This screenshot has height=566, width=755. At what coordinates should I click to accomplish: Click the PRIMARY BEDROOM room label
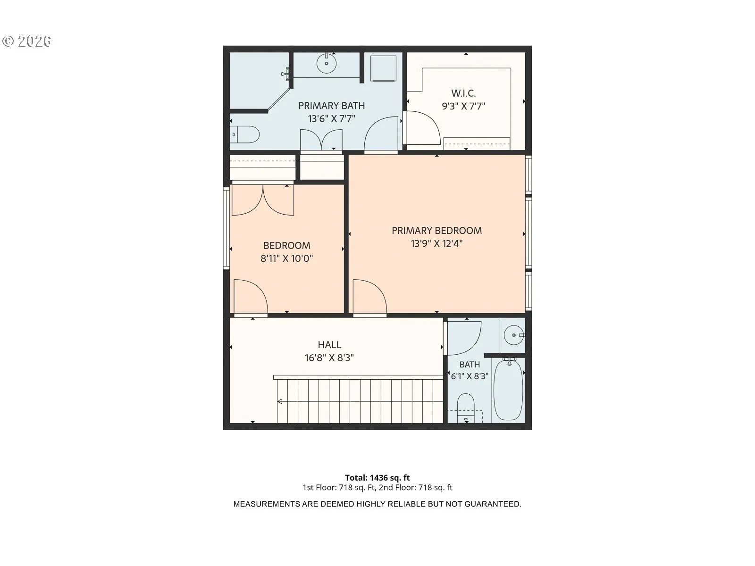point(436,231)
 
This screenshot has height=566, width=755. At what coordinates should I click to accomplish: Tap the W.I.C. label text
point(463,93)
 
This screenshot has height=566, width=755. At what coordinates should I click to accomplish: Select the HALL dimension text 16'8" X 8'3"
point(329,358)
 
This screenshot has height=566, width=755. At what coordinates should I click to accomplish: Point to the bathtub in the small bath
point(508,390)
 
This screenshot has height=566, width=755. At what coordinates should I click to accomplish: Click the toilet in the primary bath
point(244,135)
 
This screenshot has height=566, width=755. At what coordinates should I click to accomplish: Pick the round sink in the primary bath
point(327,64)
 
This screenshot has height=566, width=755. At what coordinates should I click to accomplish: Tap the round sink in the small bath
point(513,335)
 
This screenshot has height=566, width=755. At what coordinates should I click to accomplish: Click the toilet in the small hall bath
point(466,408)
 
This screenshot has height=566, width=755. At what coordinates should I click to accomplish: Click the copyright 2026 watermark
point(26,41)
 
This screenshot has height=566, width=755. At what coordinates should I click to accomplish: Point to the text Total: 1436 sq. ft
point(377,478)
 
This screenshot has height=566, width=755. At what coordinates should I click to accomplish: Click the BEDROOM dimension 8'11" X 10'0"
point(286,258)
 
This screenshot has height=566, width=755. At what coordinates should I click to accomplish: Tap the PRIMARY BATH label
point(331,106)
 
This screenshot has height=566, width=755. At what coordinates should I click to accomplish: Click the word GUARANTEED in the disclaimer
point(493,504)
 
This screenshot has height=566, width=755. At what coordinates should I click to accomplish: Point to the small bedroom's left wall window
point(226,228)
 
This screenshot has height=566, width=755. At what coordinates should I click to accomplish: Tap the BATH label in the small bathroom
point(470,364)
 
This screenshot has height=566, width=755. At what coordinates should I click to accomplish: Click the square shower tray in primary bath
point(383,68)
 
